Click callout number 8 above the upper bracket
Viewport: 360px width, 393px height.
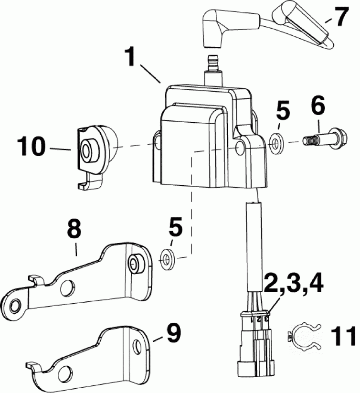click(x=74, y=230)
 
